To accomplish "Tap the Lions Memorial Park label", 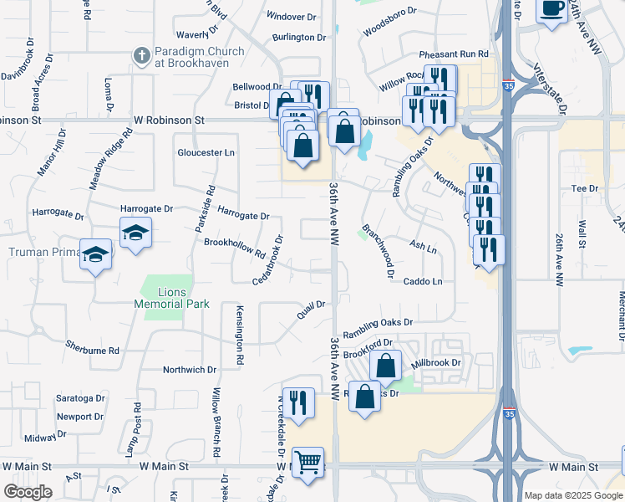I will (172, 298).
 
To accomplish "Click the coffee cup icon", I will (551, 10).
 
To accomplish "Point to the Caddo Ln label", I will (423, 282).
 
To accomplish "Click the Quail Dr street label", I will (310, 310).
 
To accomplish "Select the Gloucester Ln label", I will (206, 153).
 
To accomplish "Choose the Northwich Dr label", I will (190, 369).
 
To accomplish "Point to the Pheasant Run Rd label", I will (454, 54).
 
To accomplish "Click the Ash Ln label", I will (424, 248).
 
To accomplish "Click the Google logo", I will (28, 491).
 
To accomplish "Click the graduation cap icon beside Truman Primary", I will (96, 254).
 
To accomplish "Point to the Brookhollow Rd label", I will (235, 248).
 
